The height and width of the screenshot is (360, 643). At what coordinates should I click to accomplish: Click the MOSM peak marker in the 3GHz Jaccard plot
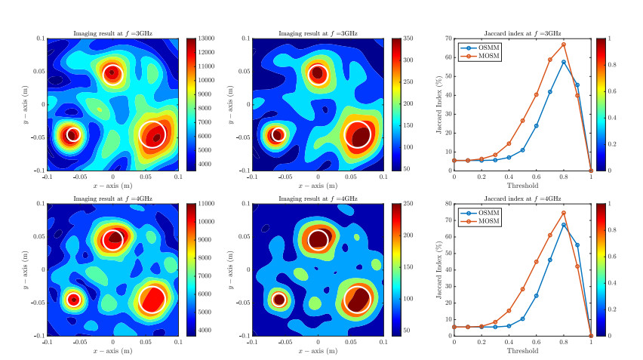tap(564, 45)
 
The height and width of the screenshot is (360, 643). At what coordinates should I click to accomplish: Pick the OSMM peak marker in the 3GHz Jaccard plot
tap(564, 62)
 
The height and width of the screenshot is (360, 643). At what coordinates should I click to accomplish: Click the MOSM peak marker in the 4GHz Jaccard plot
tap(564, 213)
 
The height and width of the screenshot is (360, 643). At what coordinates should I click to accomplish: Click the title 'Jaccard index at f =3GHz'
tap(522, 33)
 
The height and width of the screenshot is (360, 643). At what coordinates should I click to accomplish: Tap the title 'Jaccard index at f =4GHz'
tap(522, 198)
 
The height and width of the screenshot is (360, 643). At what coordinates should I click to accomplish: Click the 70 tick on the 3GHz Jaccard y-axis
tap(448, 38)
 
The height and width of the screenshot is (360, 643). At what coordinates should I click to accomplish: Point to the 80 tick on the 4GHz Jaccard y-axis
tap(448, 204)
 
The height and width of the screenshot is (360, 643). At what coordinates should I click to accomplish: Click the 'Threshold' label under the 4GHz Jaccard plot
tap(522, 351)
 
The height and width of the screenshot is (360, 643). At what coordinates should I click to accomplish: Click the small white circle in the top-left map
tap(72, 134)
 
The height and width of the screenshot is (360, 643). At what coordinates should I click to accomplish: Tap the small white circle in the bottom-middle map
tap(278, 299)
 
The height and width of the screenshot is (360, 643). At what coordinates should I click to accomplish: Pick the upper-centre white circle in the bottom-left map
tap(112, 238)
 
